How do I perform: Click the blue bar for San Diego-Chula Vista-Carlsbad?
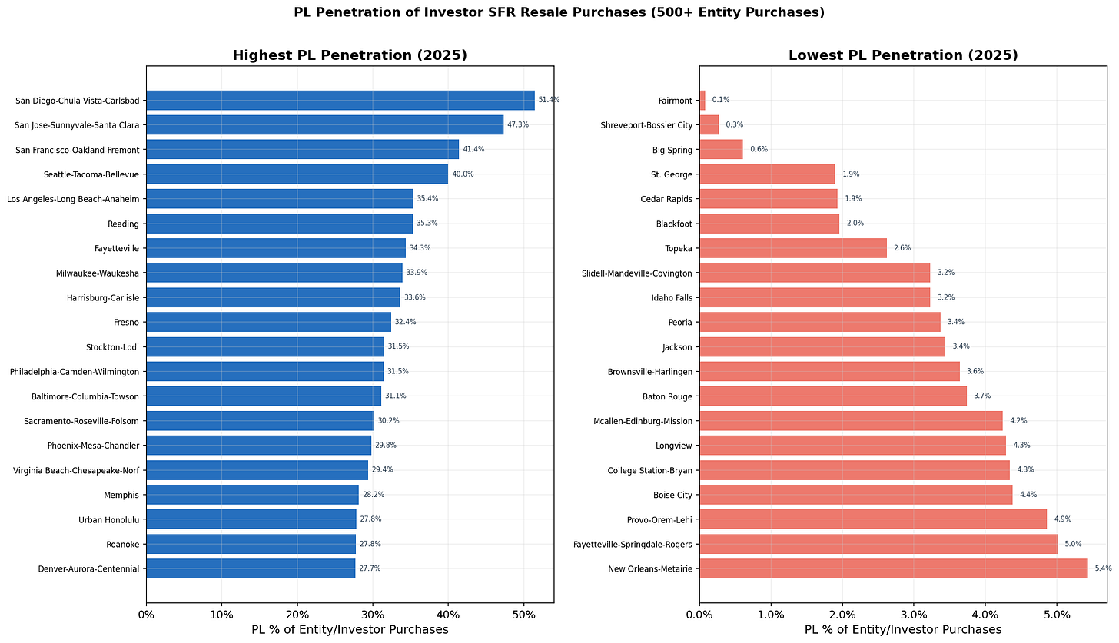point(340,100)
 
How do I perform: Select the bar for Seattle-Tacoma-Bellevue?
point(297,174)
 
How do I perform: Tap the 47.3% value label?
point(518,124)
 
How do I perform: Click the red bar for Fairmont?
point(702,100)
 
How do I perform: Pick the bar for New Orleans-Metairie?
point(893,568)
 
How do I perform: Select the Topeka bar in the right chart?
point(792,248)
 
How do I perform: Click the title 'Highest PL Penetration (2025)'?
point(350,55)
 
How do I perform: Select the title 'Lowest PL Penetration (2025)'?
point(903,55)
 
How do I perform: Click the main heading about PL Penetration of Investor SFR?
point(559,12)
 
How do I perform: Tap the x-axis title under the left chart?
point(350,630)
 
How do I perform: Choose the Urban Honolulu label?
point(110,519)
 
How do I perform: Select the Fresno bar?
point(268,322)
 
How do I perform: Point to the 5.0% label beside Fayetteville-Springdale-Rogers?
point(1072,544)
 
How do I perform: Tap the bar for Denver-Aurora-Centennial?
point(251,568)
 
